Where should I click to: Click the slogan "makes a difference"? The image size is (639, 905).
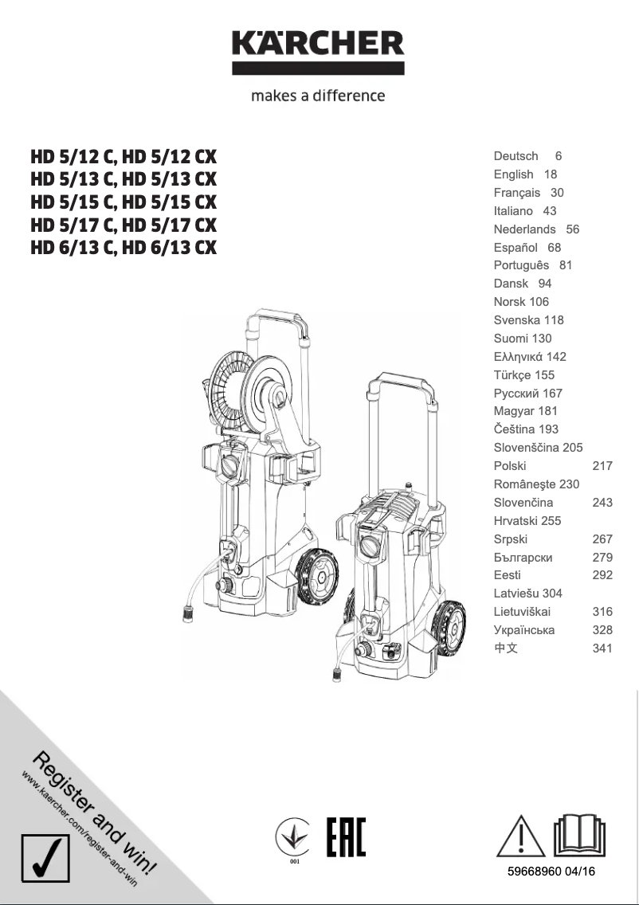pyautogui.click(x=318, y=96)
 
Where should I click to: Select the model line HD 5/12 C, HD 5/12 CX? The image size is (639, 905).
pyautogui.click(x=123, y=156)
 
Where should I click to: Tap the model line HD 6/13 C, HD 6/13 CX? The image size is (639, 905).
pyautogui.click(x=123, y=248)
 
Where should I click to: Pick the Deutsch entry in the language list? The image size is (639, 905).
pyautogui.click(x=516, y=156)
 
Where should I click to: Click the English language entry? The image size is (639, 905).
pyautogui.click(x=514, y=174)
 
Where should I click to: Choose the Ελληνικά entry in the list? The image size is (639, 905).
pyautogui.click(x=519, y=357)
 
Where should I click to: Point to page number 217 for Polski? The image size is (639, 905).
pyautogui.click(x=602, y=466)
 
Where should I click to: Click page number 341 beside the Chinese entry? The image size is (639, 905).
pyautogui.click(x=602, y=648)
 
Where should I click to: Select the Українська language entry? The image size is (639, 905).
pyautogui.click(x=524, y=630)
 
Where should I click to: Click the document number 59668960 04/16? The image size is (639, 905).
pyautogui.click(x=551, y=872)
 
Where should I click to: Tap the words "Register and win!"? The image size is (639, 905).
pyautogui.click(x=96, y=813)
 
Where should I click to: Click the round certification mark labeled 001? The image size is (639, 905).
pyautogui.click(x=293, y=838)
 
